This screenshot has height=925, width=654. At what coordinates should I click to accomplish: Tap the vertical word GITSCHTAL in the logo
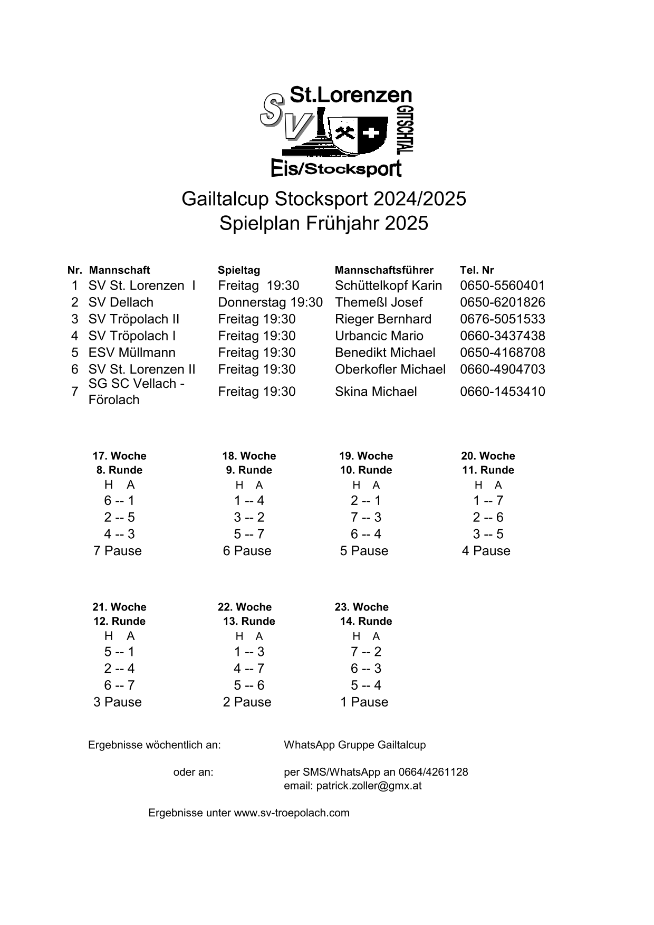coord(407,130)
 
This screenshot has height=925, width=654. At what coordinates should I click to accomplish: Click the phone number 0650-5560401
coord(502,285)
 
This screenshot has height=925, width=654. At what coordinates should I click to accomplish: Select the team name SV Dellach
coord(121,302)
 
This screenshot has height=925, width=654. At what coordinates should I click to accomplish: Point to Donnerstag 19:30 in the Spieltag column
coord(270,302)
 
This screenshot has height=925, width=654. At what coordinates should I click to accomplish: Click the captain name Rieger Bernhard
coord(383,319)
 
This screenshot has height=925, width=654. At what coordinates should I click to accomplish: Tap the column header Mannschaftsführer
coord(384,270)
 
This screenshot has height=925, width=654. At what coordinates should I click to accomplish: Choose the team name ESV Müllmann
coord(132,352)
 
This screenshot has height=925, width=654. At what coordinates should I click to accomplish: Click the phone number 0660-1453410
coord(502,392)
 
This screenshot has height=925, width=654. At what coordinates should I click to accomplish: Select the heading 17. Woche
coord(119,456)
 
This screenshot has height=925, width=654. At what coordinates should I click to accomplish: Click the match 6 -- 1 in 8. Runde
coord(119,500)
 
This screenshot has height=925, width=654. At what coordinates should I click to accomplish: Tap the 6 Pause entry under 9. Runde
coord(247,551)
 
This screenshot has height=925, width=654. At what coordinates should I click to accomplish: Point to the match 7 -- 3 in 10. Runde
coord(366,517)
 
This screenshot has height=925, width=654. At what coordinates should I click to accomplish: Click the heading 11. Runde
coord(488,470)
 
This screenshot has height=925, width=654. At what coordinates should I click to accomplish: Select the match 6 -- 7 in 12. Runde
coord(119,685)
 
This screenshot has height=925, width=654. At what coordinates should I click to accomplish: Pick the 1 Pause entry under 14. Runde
coord(364,702)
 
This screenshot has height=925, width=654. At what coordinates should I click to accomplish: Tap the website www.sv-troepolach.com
coord(292,813)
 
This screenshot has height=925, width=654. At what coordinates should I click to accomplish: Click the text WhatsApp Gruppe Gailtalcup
coord(354,745)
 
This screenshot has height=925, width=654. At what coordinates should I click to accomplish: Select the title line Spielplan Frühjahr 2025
coord(324,224)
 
